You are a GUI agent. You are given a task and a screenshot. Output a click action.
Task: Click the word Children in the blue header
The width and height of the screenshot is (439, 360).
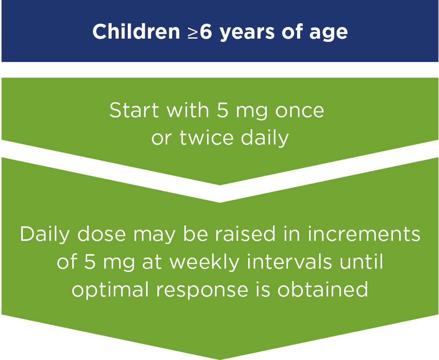[136, 32]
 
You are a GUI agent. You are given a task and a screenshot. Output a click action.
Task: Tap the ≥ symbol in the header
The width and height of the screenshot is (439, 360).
[193, 32]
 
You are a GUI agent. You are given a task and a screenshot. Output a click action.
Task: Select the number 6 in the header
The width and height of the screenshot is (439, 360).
[206, 32]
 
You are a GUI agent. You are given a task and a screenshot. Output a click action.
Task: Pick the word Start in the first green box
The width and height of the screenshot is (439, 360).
[134, 110]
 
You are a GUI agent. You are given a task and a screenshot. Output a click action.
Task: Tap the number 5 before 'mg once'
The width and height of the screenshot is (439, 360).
[223, 110]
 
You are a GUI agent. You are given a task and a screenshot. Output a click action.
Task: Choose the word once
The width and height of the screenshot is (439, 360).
[300, 112]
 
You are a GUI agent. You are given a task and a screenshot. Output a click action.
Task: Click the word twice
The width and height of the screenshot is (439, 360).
[206, 137]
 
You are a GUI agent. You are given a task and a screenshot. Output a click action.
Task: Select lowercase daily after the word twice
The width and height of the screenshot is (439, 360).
[265, 138]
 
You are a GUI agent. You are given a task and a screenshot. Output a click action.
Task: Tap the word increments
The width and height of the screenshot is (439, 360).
[364, 234]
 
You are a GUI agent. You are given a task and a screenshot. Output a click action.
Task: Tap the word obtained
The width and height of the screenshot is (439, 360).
[322, 289]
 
